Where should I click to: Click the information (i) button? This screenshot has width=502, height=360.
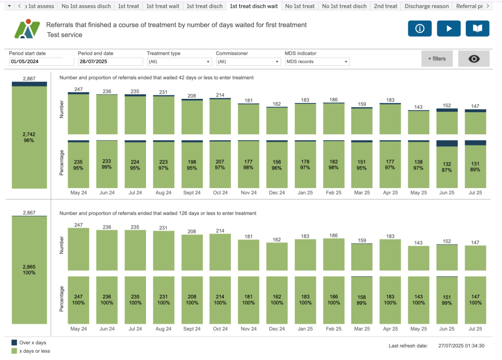pos(420,28)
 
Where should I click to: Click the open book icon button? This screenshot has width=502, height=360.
pos(477,28)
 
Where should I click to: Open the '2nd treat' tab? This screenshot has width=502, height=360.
pos(385,6)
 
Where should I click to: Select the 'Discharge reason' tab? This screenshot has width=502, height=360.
pos(427,6)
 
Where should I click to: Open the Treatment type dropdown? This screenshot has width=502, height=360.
pos(179,62)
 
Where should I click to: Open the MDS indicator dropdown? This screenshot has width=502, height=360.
pos(317,62)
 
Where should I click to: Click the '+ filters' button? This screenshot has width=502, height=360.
pos(437,59)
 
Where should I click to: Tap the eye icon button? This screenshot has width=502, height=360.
pos(474,59)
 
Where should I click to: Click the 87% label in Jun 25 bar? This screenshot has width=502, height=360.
pos(447,169)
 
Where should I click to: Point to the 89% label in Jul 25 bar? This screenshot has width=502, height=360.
pos(475,169)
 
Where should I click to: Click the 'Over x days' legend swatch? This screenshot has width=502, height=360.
pos(13,343)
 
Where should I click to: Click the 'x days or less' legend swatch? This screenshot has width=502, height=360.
pos(13,351)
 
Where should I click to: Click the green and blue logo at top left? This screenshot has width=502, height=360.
pos(27,29)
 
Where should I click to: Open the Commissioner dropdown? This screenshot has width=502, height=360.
pos(248,62)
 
